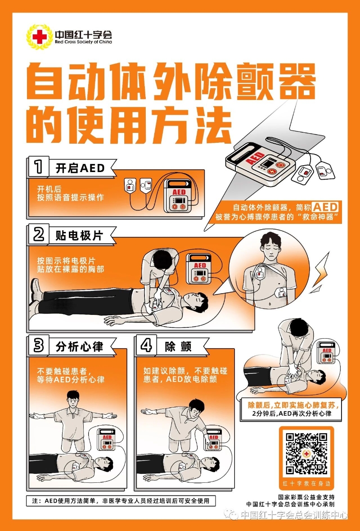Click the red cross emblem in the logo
pyautogui.click(x=40, y=36)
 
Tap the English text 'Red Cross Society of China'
pyautogui.click(x=83, y=42)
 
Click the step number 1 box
pyautogui.click(x=39, y=167)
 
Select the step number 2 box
pyautogui.click(x=39, y=234)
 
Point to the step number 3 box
pyautogui.click(x=39, y=345)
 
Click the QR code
pyautogui.click(x=306, y=454)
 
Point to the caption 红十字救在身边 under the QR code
pyautogui.click(x=306, y=484)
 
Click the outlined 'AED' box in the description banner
pyautogui.click(x=325, y=207)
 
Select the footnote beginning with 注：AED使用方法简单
pyautogui.click(x=121, y=501)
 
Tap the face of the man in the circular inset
pyautogui.click(x=270, y=248)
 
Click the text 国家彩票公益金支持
pyautogui.click(x=306, y=497)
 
